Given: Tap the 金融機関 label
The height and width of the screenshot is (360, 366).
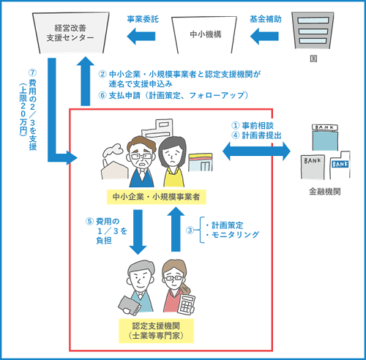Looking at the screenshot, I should click(323, 196).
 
